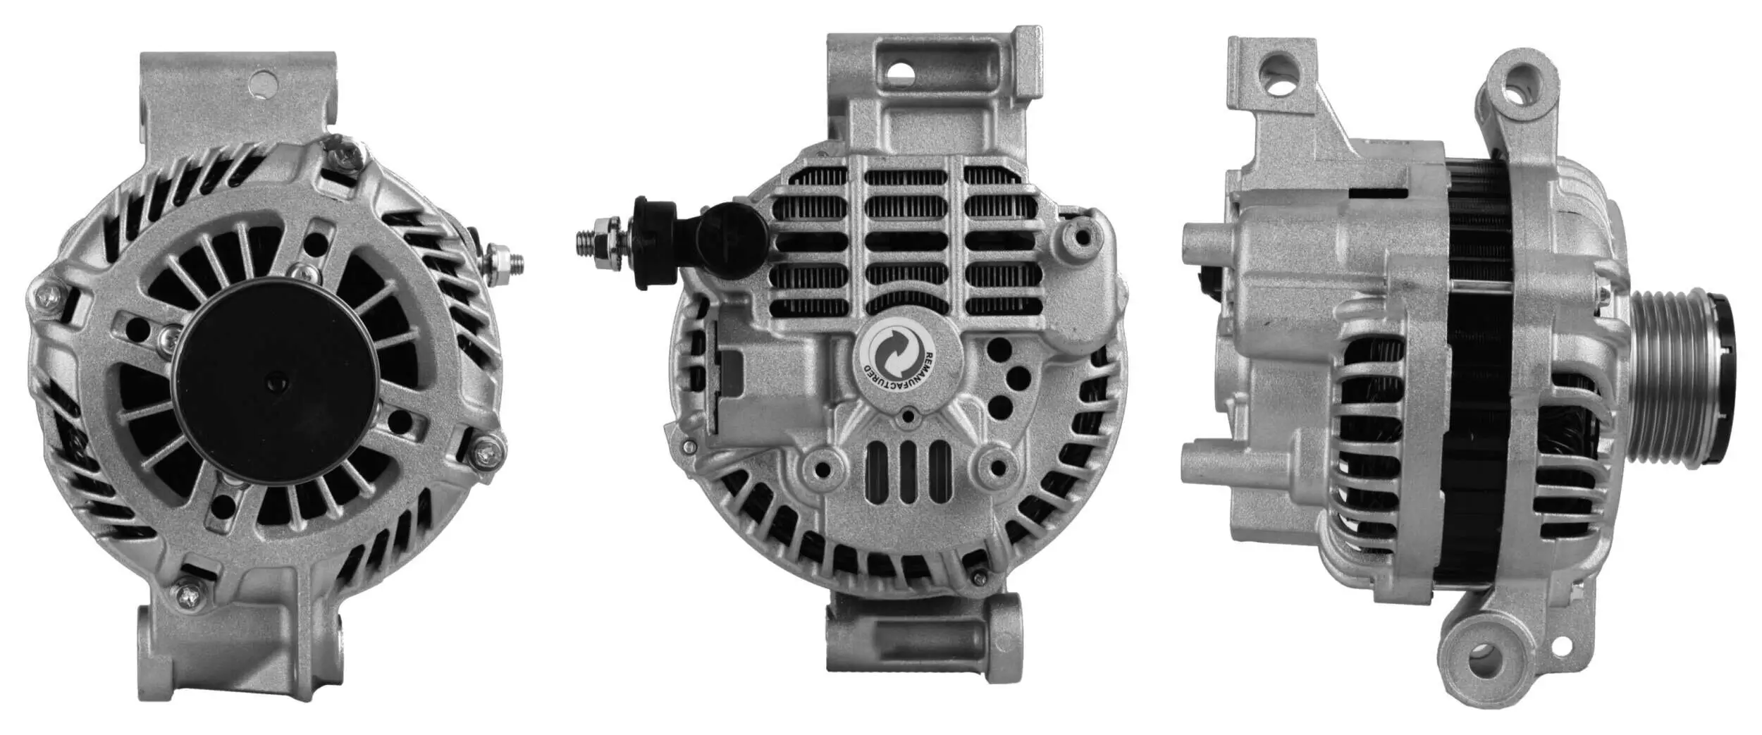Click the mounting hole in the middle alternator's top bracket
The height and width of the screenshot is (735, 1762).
click(901, 70)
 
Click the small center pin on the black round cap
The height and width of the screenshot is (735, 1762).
click(273, 383)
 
